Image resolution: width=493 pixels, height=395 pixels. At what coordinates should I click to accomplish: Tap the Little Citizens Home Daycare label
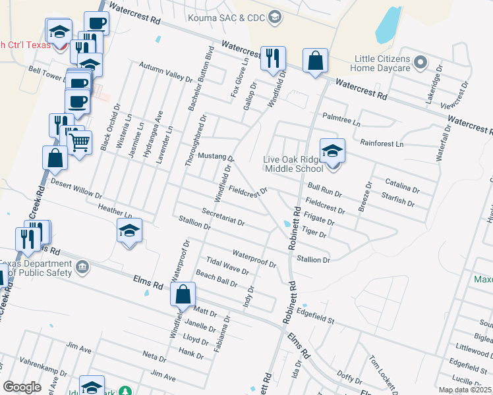(x=382, y=63)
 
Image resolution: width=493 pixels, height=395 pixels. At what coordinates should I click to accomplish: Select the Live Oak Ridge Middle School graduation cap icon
(x=332, y=151)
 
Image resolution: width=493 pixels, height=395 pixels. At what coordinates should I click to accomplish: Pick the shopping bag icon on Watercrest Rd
(x=316, y=61)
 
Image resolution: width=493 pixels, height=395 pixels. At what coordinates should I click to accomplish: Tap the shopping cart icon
(x=80, y=141)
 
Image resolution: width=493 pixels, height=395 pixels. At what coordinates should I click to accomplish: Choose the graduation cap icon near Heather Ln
(x=129, y=230)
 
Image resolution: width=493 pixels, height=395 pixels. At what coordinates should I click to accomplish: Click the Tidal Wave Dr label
(x=227, y=266)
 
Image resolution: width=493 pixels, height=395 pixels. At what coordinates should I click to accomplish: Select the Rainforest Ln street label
(x=380, y=142)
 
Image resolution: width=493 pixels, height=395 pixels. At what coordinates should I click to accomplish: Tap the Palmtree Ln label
(x=341, y=119)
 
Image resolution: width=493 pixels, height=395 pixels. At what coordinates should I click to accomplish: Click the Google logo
(x=22, y=387)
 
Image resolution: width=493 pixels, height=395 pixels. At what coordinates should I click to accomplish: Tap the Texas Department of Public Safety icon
(x=82, y=267)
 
